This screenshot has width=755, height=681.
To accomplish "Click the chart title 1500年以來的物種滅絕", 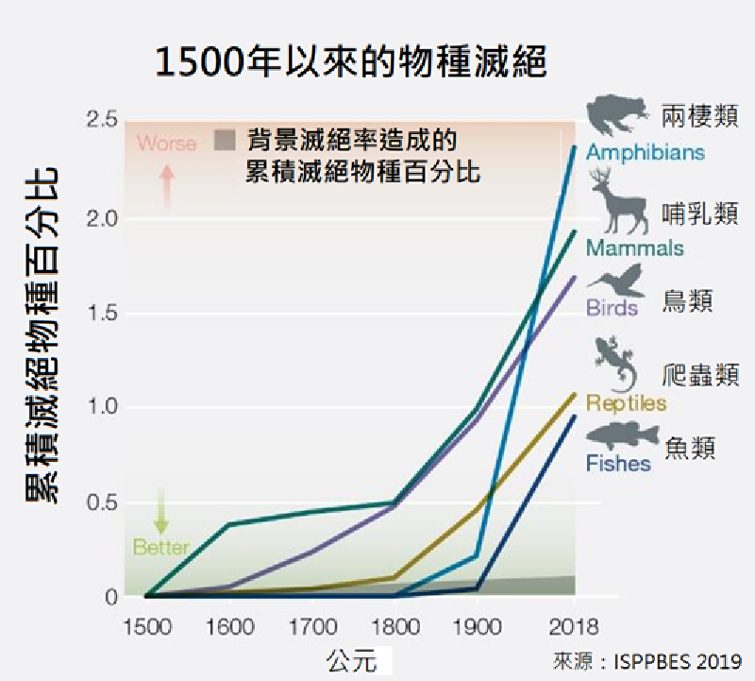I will click(351, 63).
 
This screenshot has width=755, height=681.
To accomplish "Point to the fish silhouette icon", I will click(620, 435).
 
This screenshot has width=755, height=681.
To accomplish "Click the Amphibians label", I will click(645, 152).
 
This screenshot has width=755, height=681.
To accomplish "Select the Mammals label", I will click(634, 248).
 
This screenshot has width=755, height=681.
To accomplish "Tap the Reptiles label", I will click(626, 403).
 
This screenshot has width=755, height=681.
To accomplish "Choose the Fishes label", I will click(618, 464).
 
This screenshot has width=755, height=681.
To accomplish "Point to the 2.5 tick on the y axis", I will click(101, 120).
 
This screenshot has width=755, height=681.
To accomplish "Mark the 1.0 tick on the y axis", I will click(101, 408).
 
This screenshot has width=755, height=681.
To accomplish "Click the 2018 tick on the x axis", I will click(573, 625).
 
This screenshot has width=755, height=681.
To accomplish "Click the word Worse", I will click(167, 144).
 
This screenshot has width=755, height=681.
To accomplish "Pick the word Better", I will click(160, 547).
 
